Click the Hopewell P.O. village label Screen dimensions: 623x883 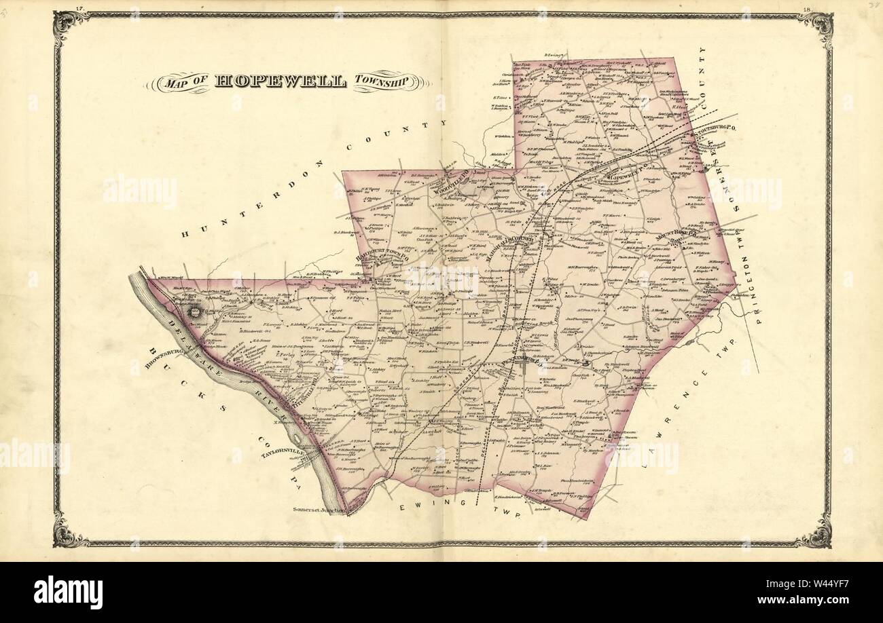[622, 174]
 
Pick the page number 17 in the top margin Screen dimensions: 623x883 [79, 8]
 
